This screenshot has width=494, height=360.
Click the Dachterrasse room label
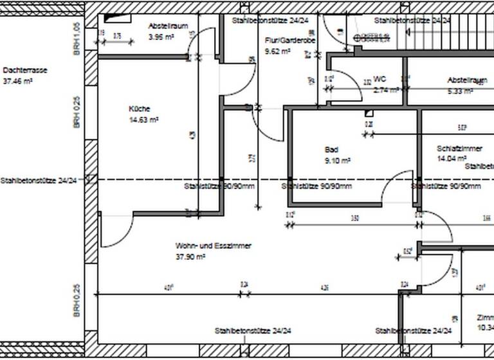click(x=26, y=70)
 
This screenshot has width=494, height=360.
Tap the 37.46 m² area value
click(x=18, y=82)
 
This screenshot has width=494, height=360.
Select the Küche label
click(x=138, y=109)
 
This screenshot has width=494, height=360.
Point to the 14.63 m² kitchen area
click(x=144, y=120)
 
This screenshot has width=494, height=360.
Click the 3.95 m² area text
click(x=161, y=37)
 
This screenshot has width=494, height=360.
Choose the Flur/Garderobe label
click(x=290, y=40)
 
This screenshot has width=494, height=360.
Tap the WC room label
click(x=379, y=80)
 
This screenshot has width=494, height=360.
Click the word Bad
click(x=331, y=149)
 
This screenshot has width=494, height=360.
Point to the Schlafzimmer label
click(x=459, y=148)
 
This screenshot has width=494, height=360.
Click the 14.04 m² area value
click(x=451, y=158)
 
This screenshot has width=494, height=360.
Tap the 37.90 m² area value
click(x=190, y=256)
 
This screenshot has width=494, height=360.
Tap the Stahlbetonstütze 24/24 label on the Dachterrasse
click(x=39, y=181)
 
